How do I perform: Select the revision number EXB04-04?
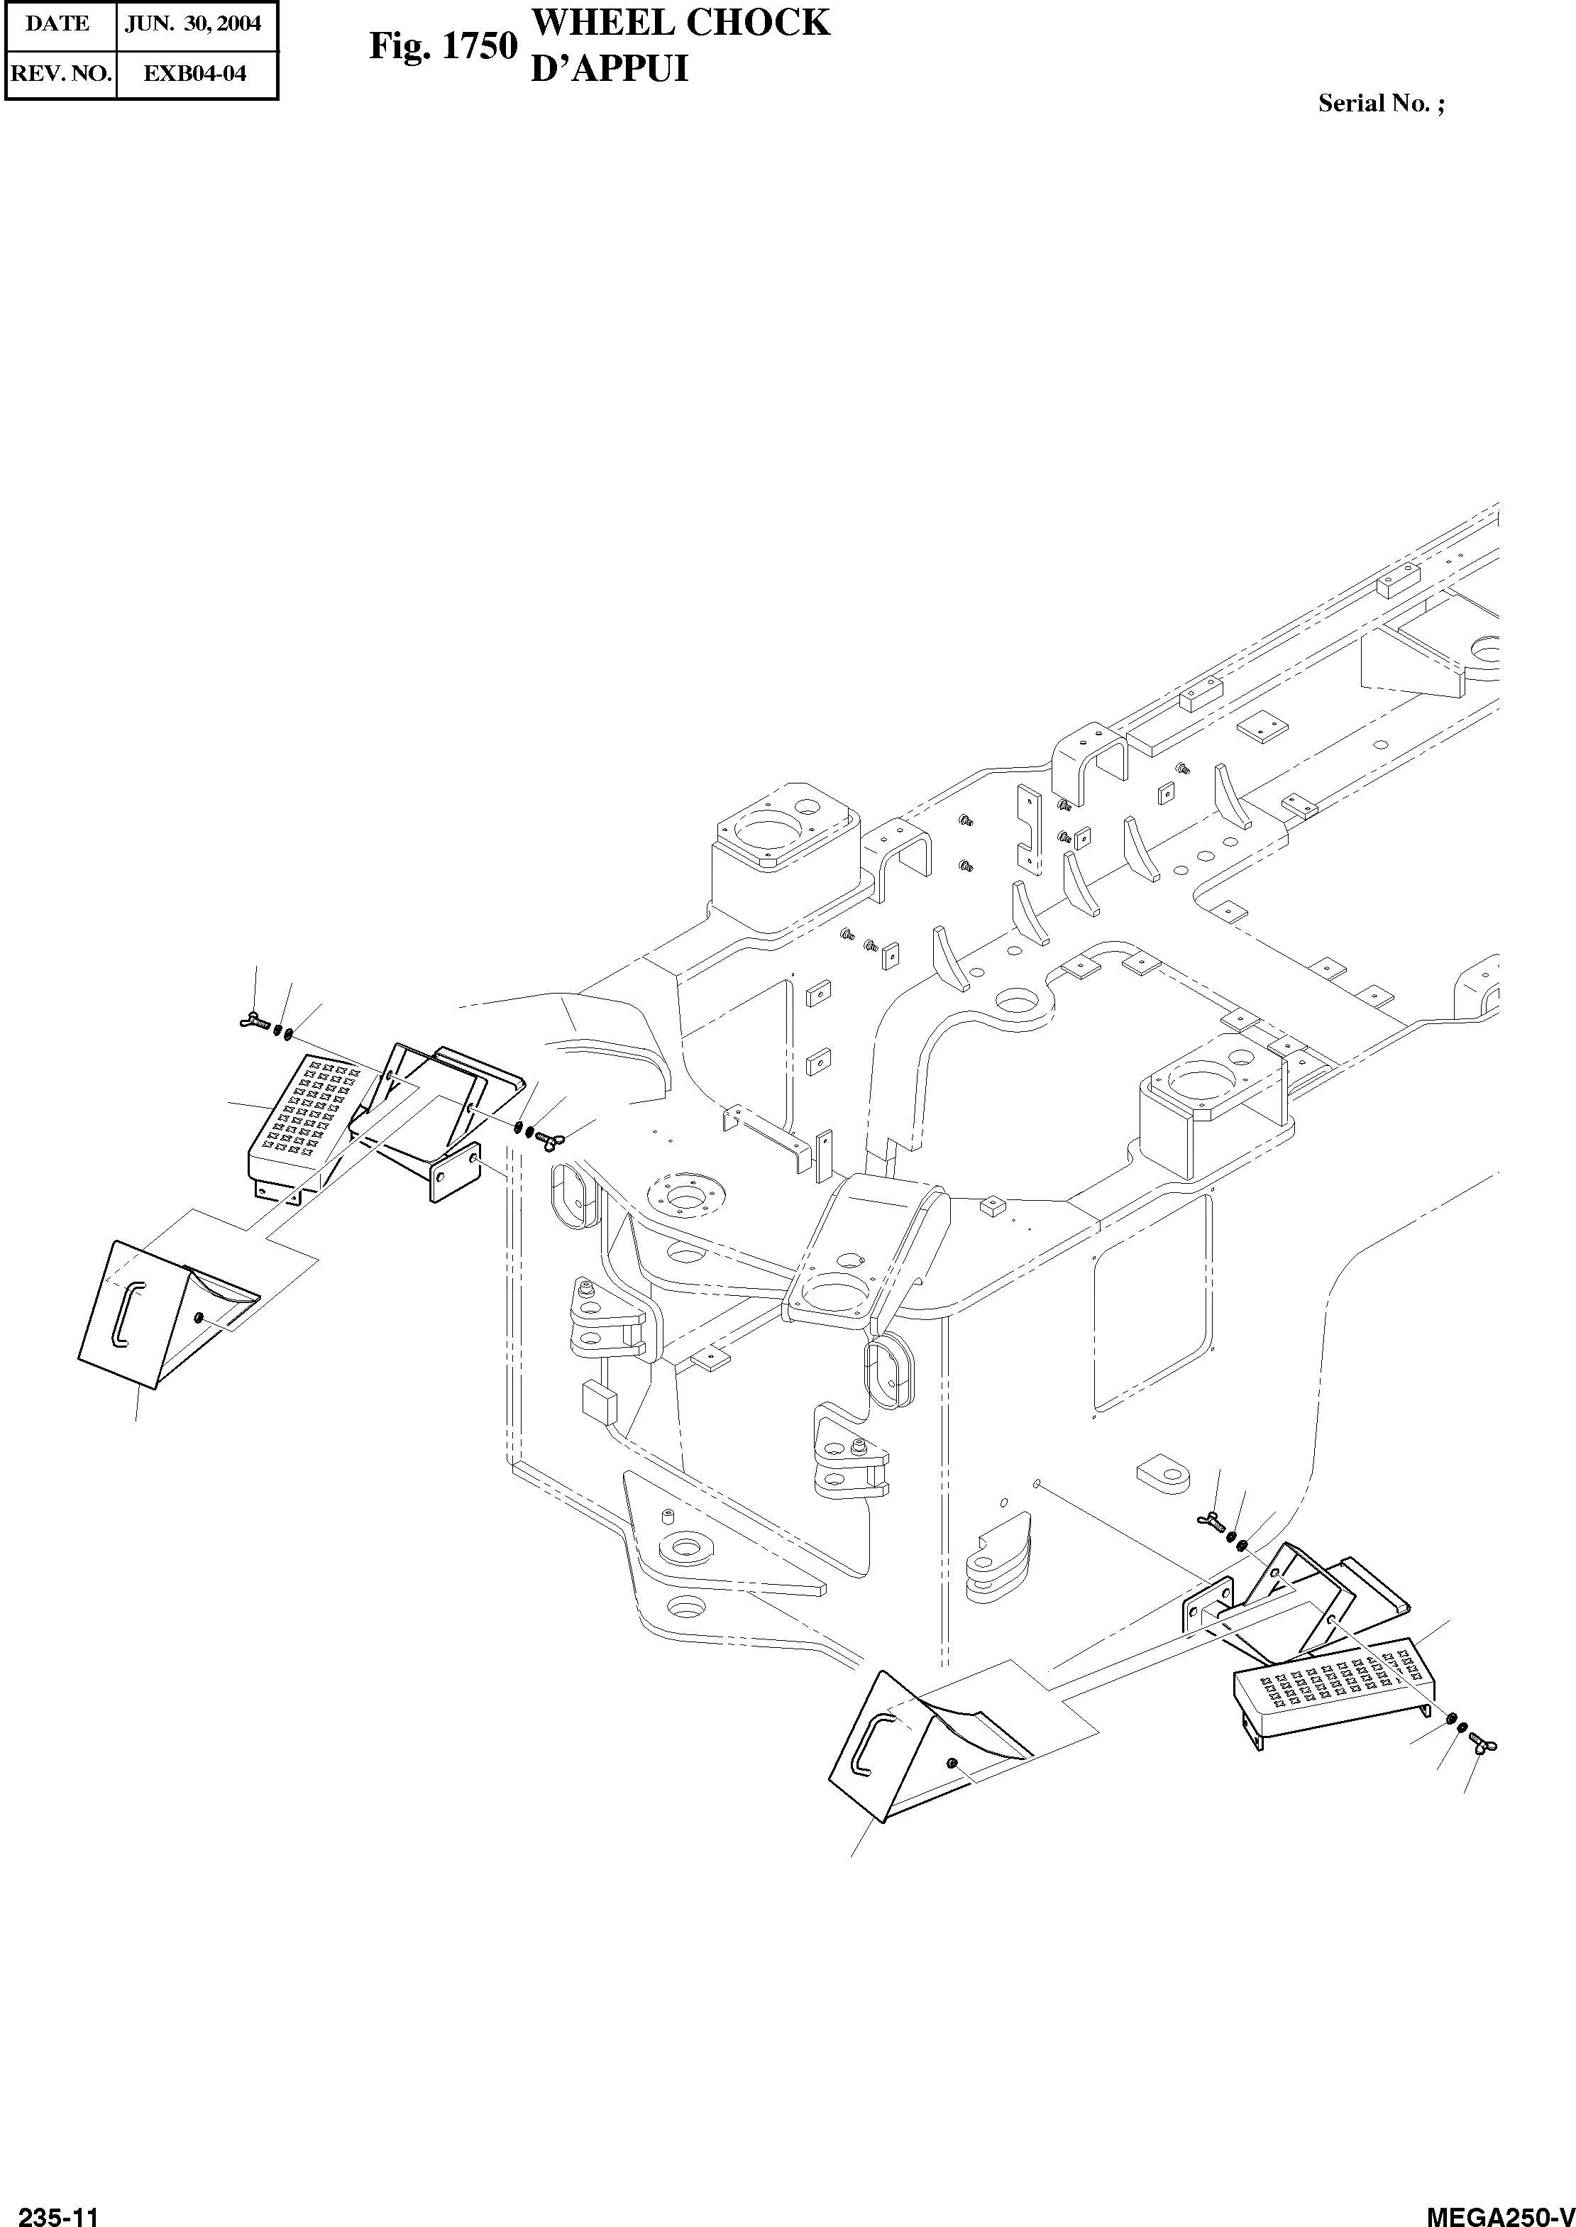[x=194, y=74]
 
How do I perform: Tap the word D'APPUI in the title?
[x=610, y=69]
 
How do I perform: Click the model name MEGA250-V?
[x=1499, y=2211]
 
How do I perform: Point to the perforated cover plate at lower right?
[x=1330, y=1688]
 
